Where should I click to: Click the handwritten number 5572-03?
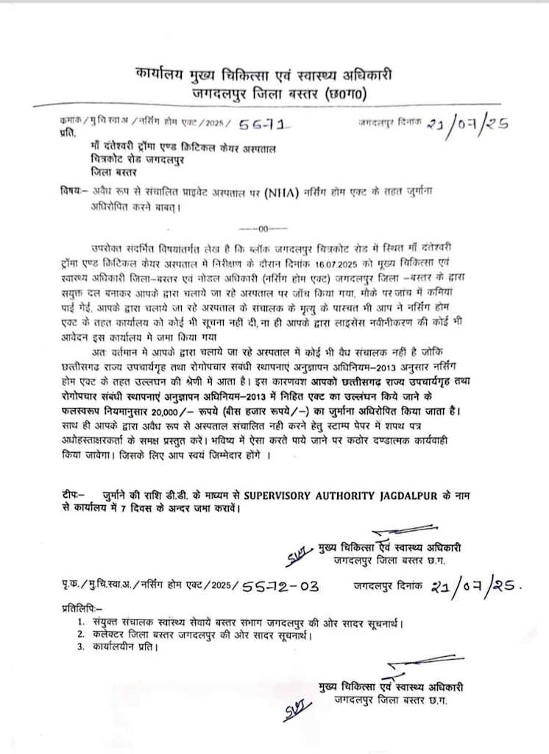[x=280, y=586]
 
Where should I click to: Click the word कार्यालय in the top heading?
[x=165, y=75]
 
